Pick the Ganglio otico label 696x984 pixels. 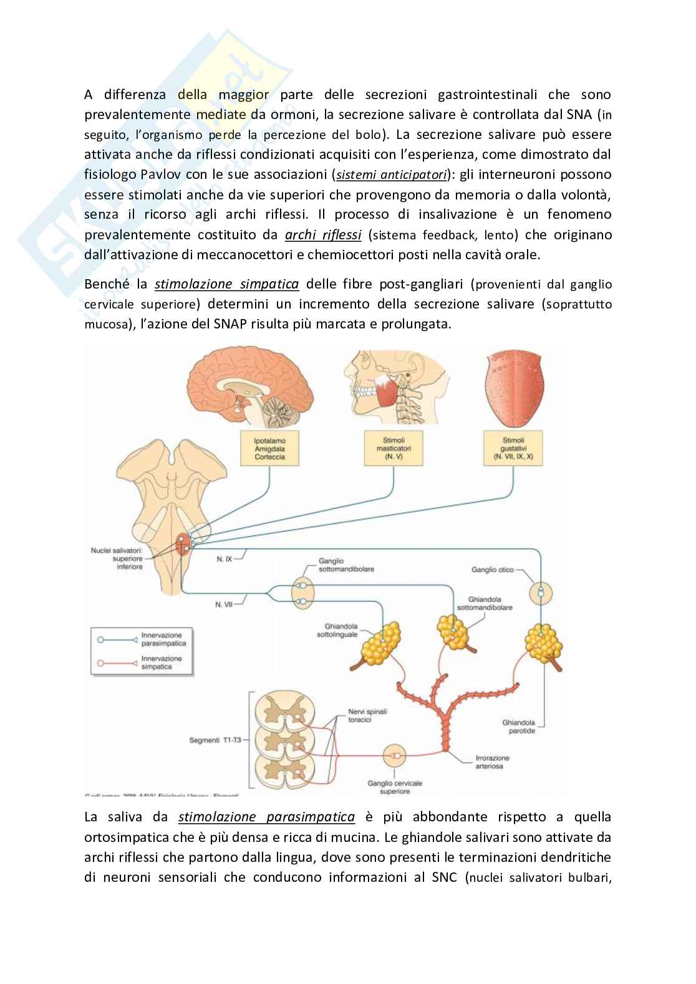pyautogui.click(x=493, y=569)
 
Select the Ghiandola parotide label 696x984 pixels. pyautogui.click(x=518, y=727)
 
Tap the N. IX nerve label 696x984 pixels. pyautogui.click(x=225, y=560)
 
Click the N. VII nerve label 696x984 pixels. pyautogui.click(x=223, y=603)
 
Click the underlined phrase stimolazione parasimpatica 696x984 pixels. pyautogui.click(x=266, y=817)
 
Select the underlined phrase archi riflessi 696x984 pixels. pyautogui.click(x=323, y=235)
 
